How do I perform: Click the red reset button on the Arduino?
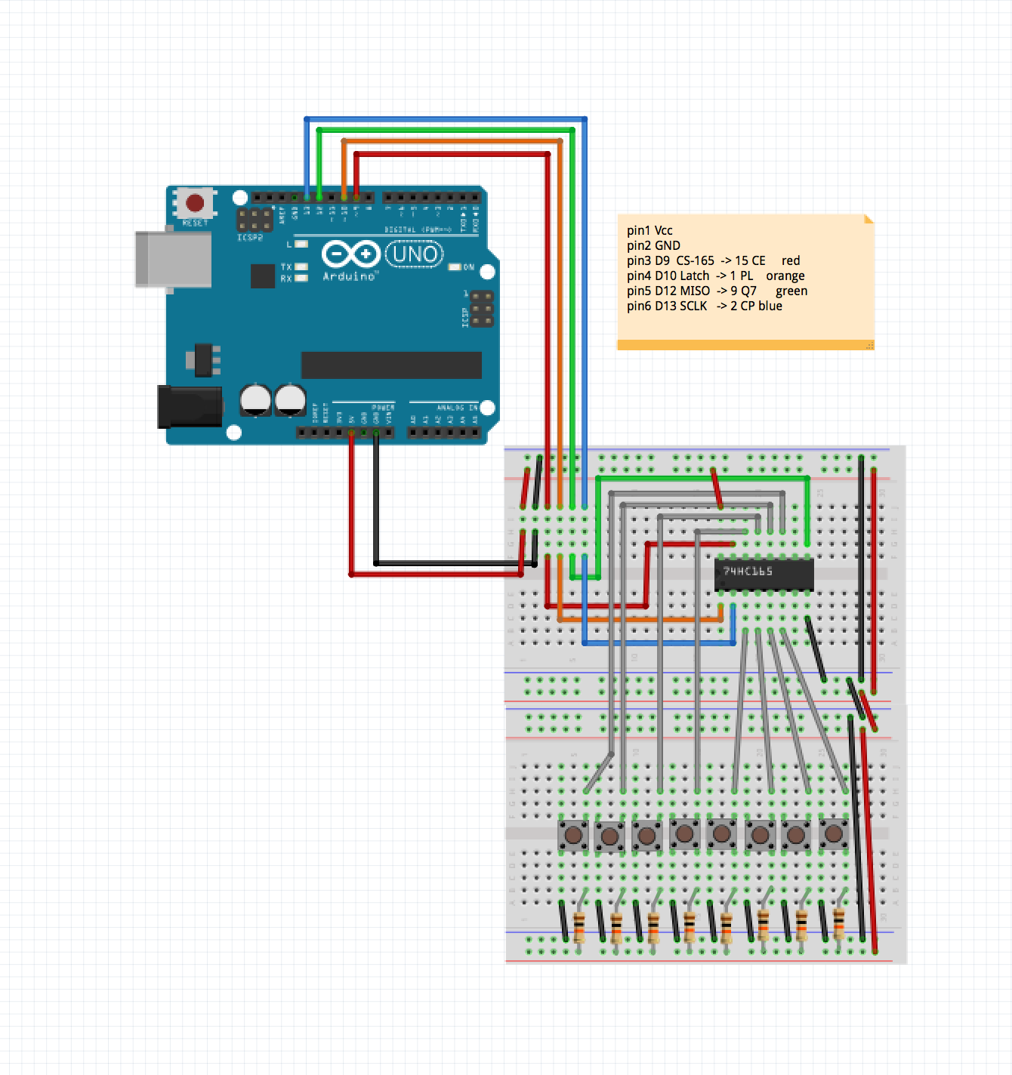point(195,203)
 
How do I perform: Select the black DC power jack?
point(189,406)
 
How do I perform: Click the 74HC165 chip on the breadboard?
point(764,574)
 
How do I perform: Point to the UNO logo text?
point(415,254)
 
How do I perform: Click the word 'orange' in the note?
point(785,276)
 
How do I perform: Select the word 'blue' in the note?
point(770,306)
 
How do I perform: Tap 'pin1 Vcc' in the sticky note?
point(649,231)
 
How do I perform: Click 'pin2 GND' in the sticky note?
point(653,246)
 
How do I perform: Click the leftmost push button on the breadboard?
point(573,835)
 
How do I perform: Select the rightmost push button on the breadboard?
point(833,833)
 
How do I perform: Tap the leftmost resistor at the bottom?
point(579,926)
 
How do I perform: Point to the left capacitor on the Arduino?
point(255,400)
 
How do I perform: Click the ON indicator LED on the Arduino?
point(455,267)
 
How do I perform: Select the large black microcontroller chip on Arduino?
point(391,365)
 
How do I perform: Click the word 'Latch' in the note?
point(694,276)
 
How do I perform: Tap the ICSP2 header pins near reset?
point(255,220)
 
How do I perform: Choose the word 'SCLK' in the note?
point(693,306)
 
